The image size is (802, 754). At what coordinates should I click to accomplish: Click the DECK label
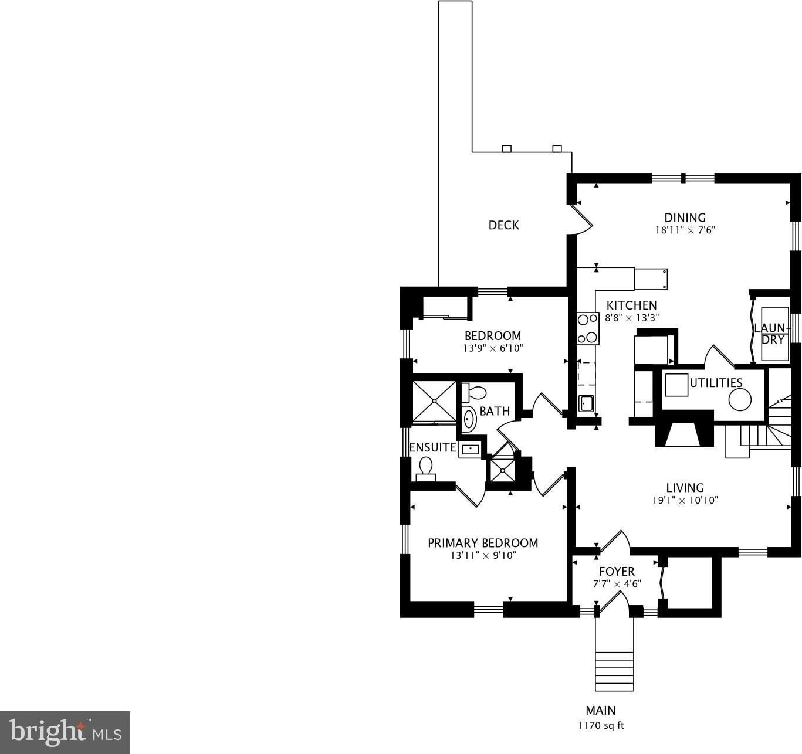[x=503, y=225]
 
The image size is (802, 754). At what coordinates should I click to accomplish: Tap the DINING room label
[x=685, y=218]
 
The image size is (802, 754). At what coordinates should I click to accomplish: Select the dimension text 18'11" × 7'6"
[x=685, y=230]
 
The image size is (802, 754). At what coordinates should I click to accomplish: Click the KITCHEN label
[x=632, y=305]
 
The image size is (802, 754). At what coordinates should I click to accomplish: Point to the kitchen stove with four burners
[x=588, y=328]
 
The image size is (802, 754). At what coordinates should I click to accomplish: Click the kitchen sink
[x=586, y=403]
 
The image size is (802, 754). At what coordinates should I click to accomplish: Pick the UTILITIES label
[x=716, y=382]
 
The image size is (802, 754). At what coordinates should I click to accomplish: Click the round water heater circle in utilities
[x=740, y=400]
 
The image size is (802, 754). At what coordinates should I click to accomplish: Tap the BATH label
[x=495, y=411]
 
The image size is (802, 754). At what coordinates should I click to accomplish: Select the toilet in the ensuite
[x=425, y=469]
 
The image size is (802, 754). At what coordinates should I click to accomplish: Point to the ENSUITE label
[x=432, y=447]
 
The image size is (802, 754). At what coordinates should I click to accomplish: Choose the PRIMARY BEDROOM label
[x=483, y=543]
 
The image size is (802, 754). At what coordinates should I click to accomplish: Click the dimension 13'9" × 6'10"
[x=493, y=348]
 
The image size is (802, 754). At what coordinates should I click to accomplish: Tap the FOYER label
[x=617, y=571]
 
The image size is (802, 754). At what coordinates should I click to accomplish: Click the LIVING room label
[x=685, y=488]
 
